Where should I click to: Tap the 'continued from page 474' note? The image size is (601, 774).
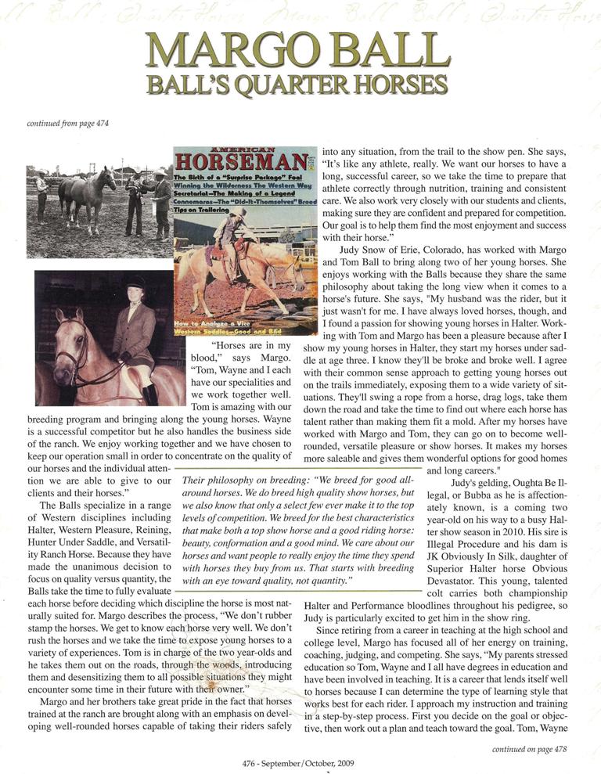[68, 123]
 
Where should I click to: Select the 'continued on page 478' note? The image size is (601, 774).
[531, 749]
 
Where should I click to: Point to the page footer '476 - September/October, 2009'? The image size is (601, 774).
[300, 762]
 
